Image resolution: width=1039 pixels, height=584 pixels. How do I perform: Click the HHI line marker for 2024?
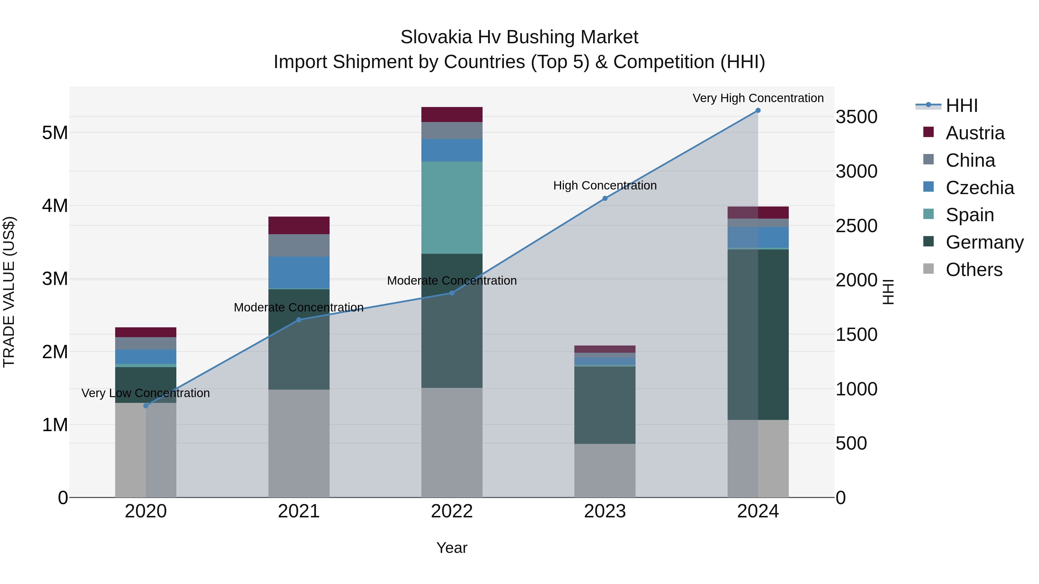(758, 110)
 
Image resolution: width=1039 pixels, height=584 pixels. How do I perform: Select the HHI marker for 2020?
(146, 405)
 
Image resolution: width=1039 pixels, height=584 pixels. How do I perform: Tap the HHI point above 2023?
(605, 198)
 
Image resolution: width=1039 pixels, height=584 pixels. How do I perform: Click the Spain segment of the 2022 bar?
(452, 208)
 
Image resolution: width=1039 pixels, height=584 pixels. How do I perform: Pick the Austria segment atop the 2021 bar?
(299, 225)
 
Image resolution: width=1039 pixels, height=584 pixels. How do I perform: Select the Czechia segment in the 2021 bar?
(299, 273)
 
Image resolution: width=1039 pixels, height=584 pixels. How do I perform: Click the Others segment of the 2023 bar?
(605, 470)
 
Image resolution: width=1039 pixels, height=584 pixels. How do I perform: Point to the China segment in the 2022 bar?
(452, 131)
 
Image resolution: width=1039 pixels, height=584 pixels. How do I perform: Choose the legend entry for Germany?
(984, 242)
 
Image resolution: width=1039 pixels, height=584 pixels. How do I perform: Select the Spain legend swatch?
(928, 214)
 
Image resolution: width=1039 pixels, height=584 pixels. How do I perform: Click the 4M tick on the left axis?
(55, 206)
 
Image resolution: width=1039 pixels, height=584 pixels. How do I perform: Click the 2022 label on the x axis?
(452, 511)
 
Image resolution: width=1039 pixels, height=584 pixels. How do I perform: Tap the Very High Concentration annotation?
(758, 98)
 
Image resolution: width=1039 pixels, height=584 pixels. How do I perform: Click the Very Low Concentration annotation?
(146, 393)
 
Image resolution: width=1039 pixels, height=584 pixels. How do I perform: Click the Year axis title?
(452, 548)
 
